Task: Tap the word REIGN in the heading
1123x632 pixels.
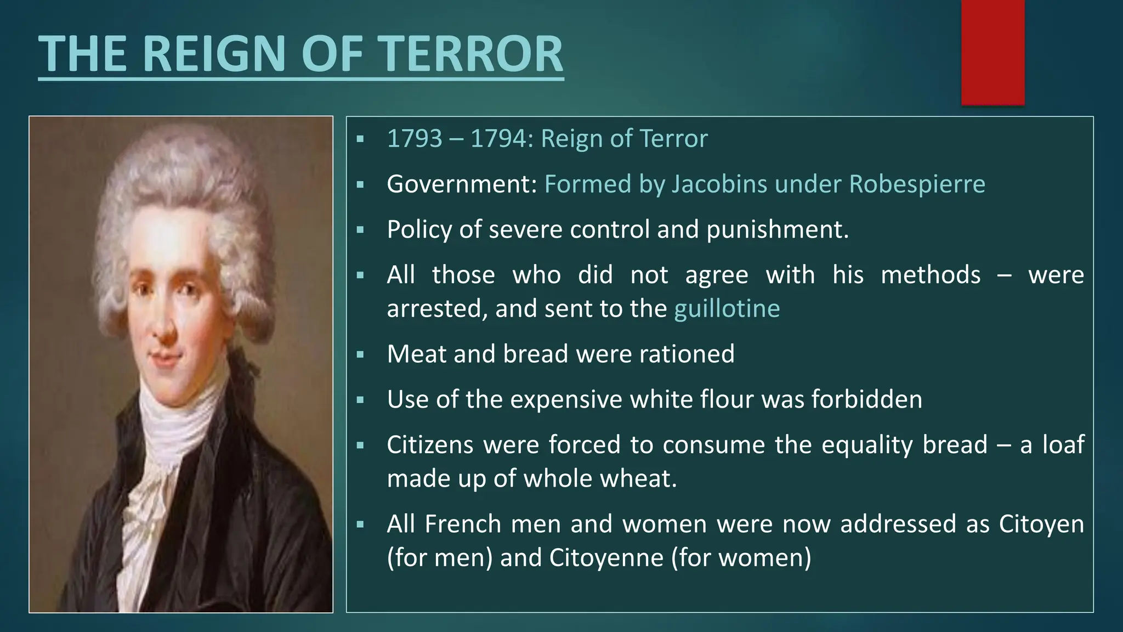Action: pos(215,54)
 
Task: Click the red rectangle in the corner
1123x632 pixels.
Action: pos(992,52)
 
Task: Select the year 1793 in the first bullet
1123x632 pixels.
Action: pos(414,139)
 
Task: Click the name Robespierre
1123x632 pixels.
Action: pos(917,184)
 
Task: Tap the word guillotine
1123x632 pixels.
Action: pos(727,309)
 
